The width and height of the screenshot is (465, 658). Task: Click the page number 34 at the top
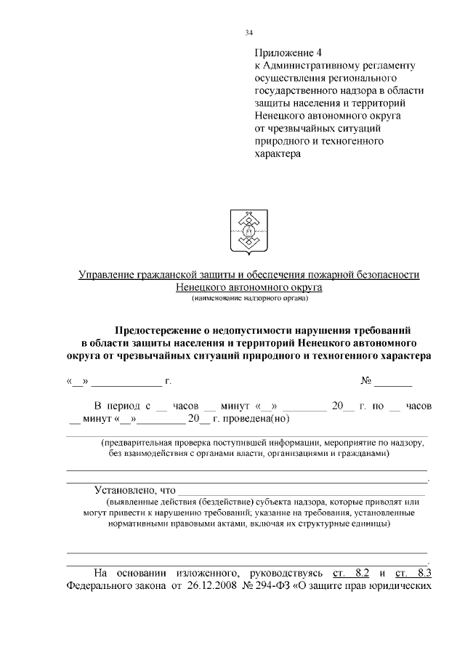tap(249, 33)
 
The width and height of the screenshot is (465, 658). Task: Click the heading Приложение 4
tap(288, 53)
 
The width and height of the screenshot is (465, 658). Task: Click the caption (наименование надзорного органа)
tap(251, 299)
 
